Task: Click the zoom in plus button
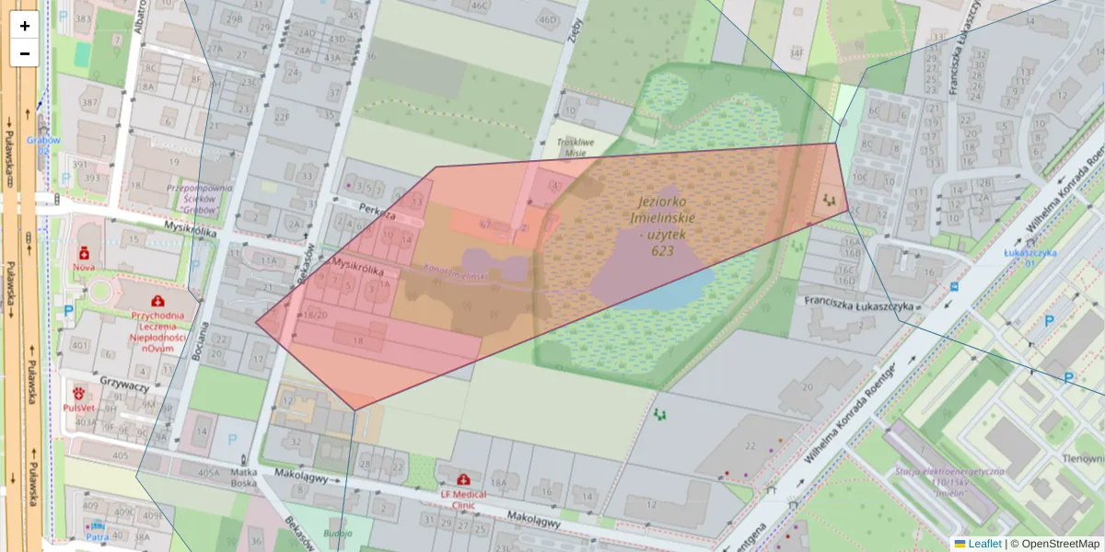[x=25, y=26]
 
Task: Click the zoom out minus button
[x=25, y=53]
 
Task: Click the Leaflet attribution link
[x=983, y=544]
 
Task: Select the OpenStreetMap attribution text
[x=1054, y=544]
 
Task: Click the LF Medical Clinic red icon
[x=462, y=480]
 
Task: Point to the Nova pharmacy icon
[x=84, y=251]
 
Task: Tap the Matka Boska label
[x=242, y=478]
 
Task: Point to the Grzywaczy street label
[x=124, y=386]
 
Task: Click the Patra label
[x=97, y=537]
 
